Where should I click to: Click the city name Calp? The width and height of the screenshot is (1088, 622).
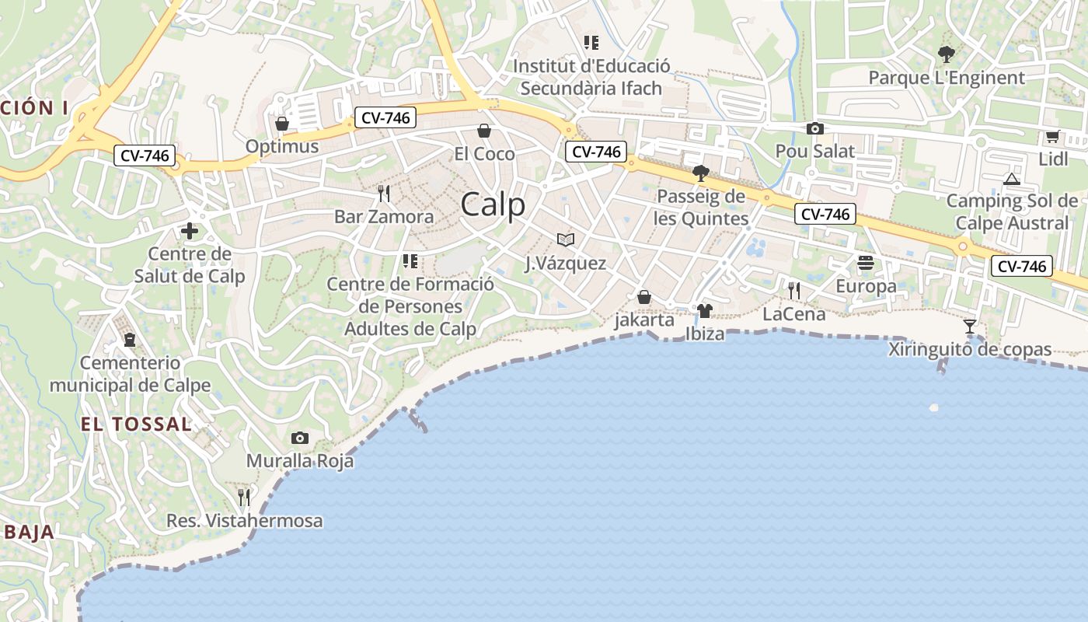(493, 205)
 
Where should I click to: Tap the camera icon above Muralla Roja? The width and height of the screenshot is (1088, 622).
(299, 439)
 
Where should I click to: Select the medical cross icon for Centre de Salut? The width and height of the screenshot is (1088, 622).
(189, 231)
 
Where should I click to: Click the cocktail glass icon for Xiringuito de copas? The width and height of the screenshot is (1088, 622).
(970, 327)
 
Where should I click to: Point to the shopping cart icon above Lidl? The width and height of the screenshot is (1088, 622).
(1052, 137)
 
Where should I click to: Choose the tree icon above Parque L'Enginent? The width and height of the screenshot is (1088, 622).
(946, 54)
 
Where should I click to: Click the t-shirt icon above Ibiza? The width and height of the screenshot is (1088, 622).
(705, 311)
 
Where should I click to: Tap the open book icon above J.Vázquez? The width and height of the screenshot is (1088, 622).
(566, 240)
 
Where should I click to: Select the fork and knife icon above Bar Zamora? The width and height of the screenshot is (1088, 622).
(383, 194)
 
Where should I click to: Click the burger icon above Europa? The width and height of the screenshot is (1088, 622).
(866, 264)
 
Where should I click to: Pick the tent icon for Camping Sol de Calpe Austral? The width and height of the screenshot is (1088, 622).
(1011, 179)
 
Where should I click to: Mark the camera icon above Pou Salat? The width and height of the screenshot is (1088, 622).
(814, 129)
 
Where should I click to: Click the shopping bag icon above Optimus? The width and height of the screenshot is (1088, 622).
(282, 124)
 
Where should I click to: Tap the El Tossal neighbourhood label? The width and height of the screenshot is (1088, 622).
(136, 424)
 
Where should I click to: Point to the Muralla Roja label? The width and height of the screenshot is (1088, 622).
(300, 461)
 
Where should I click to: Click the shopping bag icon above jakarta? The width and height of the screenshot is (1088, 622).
(643, 297)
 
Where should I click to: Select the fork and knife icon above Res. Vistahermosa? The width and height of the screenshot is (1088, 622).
(244, 497)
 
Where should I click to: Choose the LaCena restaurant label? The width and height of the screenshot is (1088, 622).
(793, 314)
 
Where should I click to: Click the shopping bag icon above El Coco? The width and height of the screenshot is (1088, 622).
(484, 131)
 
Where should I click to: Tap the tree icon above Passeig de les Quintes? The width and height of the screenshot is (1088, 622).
(700, 173)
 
